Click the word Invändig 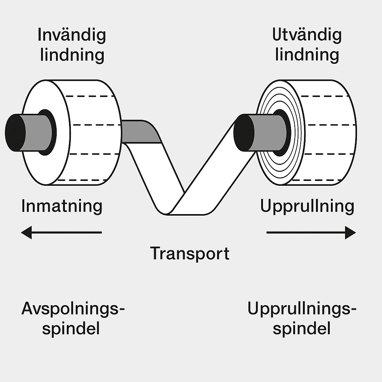(x=72, y=36)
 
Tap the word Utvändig (x=307, y=35)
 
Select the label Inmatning (x=62, y=206)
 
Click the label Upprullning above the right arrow (x=307, y=206)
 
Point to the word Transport (x=190, y=254)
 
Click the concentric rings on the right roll (x=268, y=164)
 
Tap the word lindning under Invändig (x=72, y=55)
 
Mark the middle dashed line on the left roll (x=93, y=125)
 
